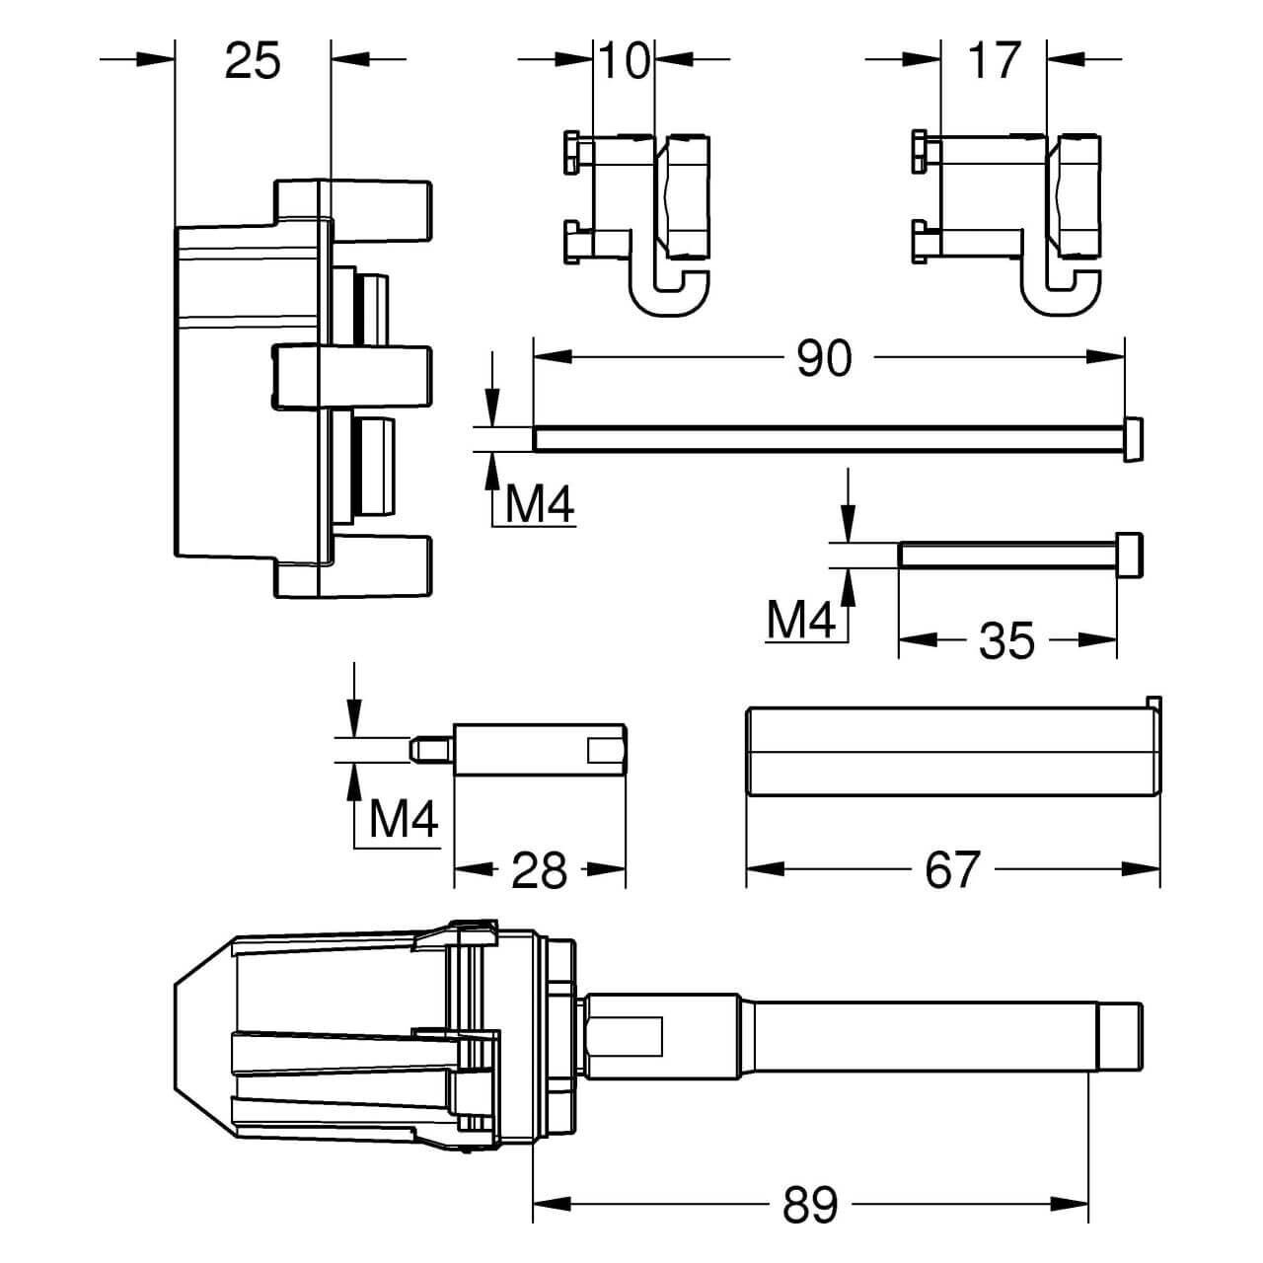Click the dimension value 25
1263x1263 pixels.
pos(253,61)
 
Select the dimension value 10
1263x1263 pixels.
pos(627,61)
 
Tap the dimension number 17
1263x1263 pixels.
pos(993,61)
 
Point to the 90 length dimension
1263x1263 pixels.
pos(824,360)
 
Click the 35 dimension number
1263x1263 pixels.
pos(1006,642)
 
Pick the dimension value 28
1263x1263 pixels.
pos(541,870)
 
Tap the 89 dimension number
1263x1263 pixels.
pos(811,1205)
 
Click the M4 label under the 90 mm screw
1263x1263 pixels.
pos(539,507)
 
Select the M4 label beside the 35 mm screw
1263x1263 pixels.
pos(801,621)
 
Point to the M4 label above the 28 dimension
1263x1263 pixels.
pos(404,820)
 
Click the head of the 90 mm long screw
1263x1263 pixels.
pos(1135,438)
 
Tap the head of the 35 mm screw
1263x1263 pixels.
pos(1129,555)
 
